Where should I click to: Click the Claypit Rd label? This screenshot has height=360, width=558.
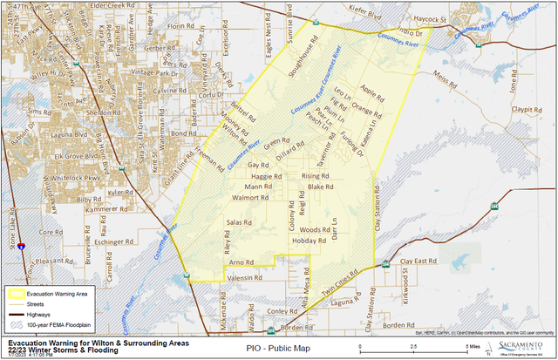[x=527, y=110]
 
